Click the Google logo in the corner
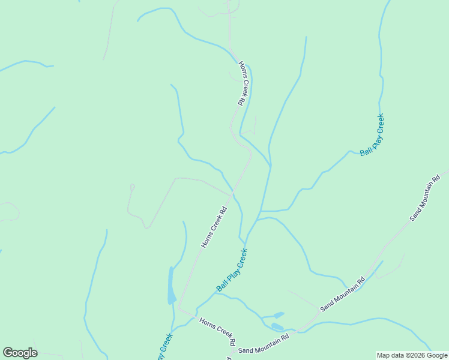tap(20, 353)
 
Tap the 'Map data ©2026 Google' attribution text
tap(412, 355)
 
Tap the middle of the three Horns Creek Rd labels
tap(213, 228)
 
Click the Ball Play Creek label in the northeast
tap(372, 135)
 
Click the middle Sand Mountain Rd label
tap(343, 293)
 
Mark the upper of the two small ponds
tap(278, 314)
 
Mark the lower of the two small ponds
tap(277, 326)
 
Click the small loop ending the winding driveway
tap(132, 187)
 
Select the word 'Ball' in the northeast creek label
tap(366, 150)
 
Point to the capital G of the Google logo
tap(8, 353)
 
